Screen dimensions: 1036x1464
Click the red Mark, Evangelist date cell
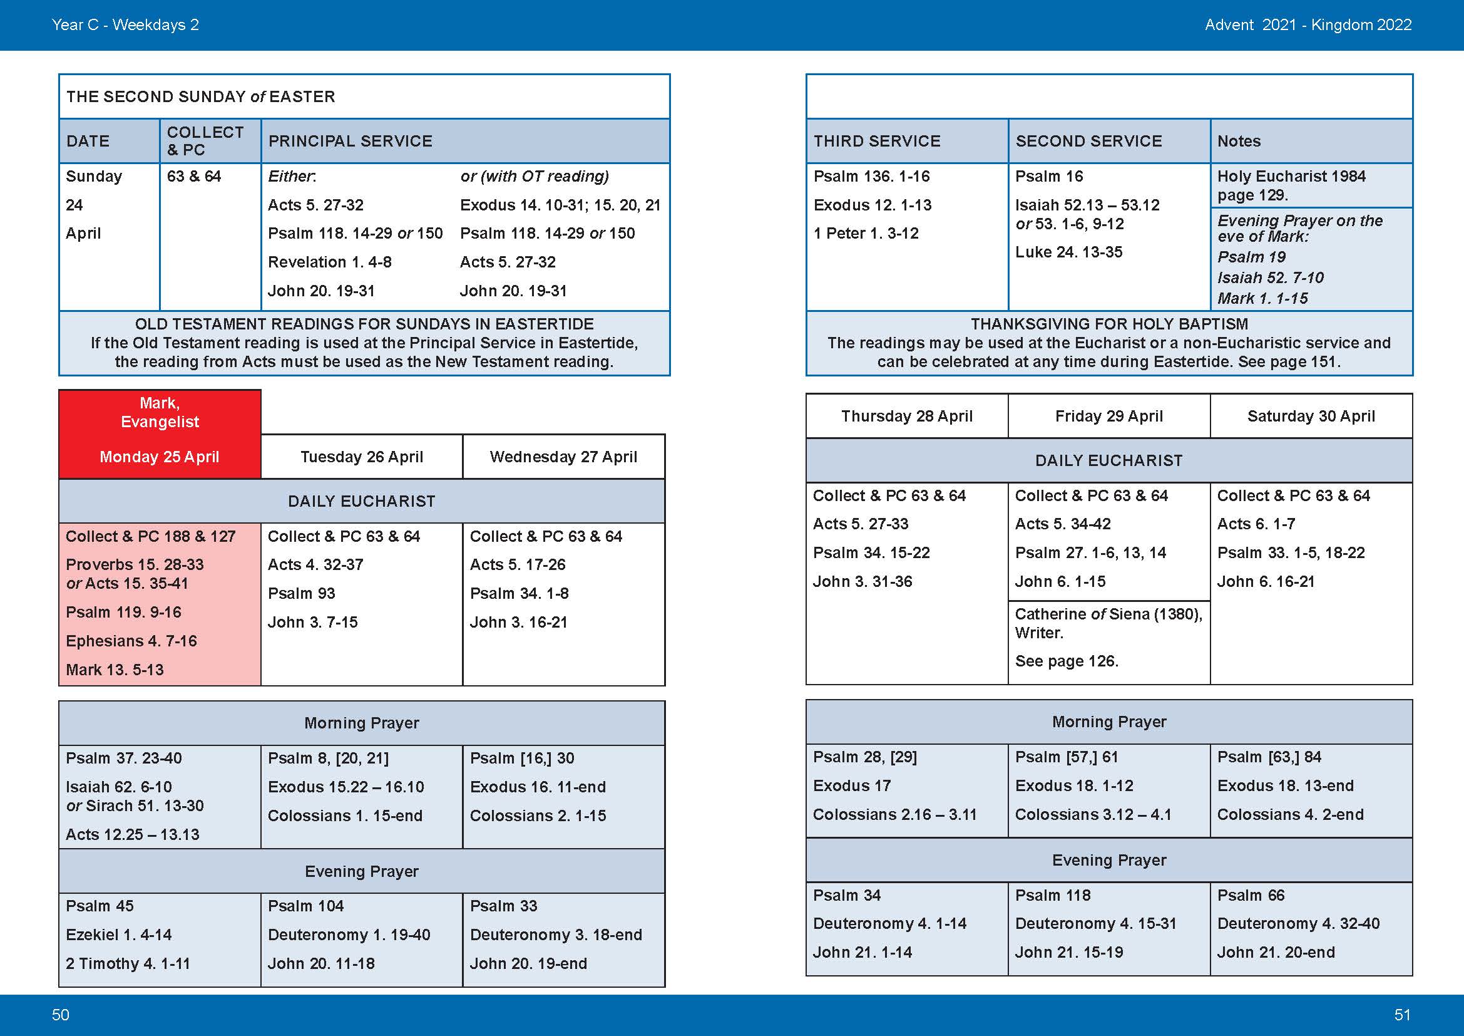click(160, 434)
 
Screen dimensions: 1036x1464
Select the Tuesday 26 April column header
click(362, 457)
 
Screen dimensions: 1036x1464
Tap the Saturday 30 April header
click(1311, 416)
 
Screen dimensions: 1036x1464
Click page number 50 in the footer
click(61, 1015)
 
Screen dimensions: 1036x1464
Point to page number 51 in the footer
click(1402, 1015)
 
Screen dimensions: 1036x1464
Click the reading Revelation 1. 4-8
click(329, 262)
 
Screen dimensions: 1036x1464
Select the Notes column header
click(1238, 141)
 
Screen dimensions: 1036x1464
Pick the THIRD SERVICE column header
click(877, 141)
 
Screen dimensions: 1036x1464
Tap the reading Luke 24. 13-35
click(1068, 252)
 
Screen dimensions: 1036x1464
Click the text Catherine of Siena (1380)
click(1108, 614)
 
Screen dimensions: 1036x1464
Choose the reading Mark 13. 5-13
click(115, 670)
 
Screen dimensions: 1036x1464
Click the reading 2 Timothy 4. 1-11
click(128, 963)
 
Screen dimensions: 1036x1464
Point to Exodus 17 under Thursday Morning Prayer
click(851, 786)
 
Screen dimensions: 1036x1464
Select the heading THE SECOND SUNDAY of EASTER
click(200, 96)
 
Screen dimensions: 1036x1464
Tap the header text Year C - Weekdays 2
click(125, 25)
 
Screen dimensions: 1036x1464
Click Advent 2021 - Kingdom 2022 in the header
click(1308, 25)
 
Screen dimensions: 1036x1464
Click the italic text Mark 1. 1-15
click(1262, 299)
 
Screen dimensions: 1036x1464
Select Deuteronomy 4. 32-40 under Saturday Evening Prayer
click(1298, 923)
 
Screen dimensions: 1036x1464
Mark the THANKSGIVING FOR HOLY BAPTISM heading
click(1109, 324)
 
